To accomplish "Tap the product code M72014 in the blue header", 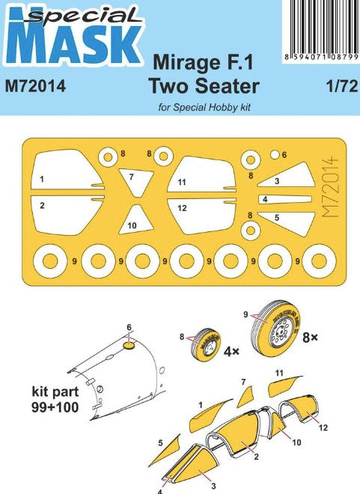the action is click(x=36, y=86).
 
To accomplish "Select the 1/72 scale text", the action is click(x=342, y=86).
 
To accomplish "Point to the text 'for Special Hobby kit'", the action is click(x=204, y=108).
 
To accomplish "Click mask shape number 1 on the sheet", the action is click(x=67, y=169).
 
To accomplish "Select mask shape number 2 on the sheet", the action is click(x=67, y=215).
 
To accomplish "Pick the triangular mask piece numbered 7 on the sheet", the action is click(x=136, y=181).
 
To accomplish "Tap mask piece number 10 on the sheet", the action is click(x=136, y=220).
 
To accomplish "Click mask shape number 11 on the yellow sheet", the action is click(x=201, y=174).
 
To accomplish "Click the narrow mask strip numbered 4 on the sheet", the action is click(x=284, y=199).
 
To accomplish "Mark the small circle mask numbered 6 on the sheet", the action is click(x=275, y=154).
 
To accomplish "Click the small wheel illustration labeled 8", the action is click(x=206, y=344).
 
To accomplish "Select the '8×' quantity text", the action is click(x=310, y=338).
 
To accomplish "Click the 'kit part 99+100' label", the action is click(x=55, y=400).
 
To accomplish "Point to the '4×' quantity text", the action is click(x=231, y=351).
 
